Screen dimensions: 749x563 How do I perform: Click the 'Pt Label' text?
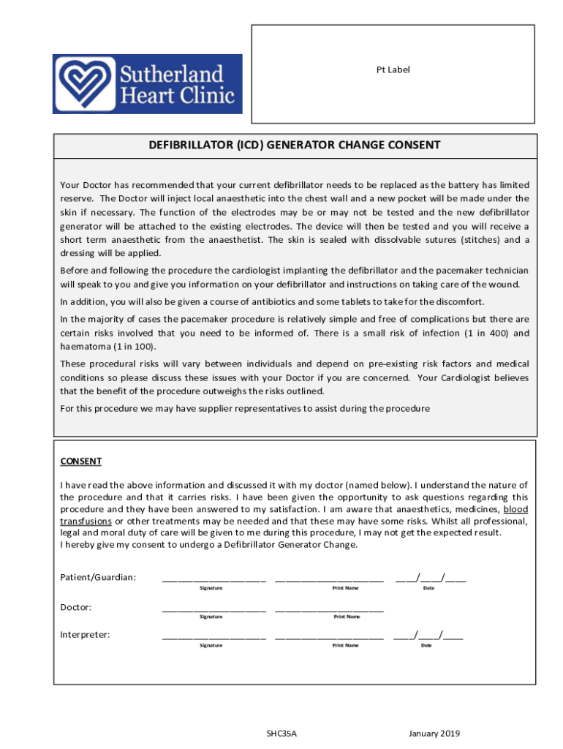click(x=393, y=69)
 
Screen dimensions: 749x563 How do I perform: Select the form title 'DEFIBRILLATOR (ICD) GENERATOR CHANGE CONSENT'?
click(x=295, y=145)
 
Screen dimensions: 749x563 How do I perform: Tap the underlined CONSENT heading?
click(x=80, y=462)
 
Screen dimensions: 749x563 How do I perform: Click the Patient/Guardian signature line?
click(x=214, y=579)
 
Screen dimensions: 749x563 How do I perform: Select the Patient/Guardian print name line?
click(x=329, y=579)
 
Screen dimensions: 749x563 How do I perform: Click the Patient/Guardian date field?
click(x=430, y=578)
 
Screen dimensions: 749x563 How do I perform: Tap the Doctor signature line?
click(x=214, y=608)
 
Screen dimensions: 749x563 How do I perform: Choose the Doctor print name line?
click(x=329, y=608)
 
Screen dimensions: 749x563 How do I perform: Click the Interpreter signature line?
click(x=214, y=636)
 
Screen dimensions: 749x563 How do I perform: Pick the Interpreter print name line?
click(x=329, y=636)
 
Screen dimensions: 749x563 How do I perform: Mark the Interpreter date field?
click(x=428, y=635)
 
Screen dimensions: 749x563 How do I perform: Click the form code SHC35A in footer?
click(x=281, y=734)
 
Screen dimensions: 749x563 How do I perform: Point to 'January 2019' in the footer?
click(x=434, y=734)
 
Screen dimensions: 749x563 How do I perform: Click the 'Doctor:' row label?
click(x=75, y=606)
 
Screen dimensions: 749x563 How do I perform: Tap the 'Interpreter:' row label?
click(x=85, y=634)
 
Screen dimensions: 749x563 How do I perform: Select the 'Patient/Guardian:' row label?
click(x=98, y=577)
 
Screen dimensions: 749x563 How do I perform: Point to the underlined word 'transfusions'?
click(x=86, y=521)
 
